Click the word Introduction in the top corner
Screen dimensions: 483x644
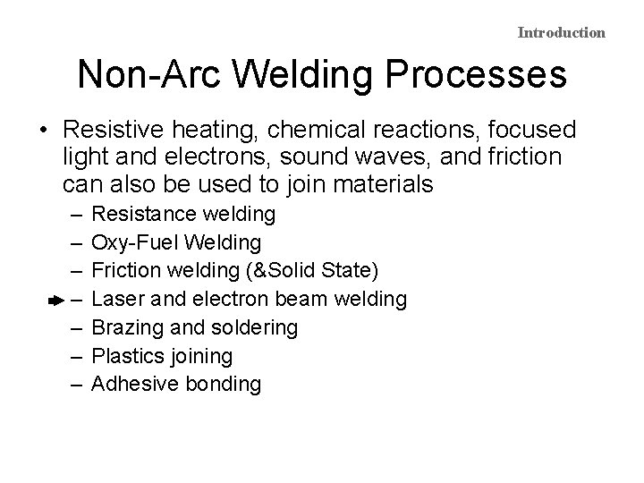coord(561,33)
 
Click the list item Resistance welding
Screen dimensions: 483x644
coord(184,215)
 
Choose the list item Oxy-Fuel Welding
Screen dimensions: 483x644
coord(177,243)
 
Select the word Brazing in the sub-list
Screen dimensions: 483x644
coord(126,328)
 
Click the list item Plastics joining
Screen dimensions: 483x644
coord(163,356)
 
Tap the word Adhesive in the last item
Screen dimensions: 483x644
coord(132,385)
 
